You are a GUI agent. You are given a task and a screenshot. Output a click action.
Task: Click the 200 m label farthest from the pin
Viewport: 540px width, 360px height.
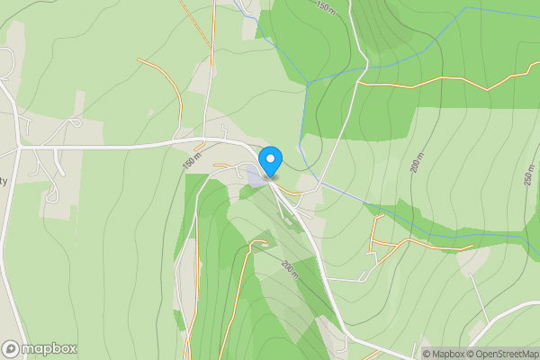[x=416, y=164]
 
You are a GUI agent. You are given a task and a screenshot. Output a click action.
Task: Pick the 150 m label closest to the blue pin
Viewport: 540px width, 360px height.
[x=192, y=161]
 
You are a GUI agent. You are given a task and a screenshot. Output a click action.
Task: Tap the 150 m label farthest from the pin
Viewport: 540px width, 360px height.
[x=324, y=6]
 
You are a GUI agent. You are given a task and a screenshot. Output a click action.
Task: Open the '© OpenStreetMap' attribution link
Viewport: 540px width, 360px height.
[x=501, y=354]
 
